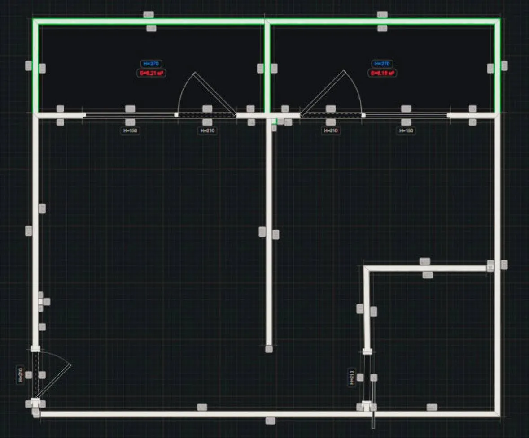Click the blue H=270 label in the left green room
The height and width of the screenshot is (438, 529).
(151, 64)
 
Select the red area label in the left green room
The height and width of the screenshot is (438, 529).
(151, 73)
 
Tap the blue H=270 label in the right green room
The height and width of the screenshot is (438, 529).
(382, 64)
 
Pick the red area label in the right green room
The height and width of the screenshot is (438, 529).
(382, 73)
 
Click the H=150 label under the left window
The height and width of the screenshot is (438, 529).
(130, 131)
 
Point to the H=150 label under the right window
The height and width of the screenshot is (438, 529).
(406, 131)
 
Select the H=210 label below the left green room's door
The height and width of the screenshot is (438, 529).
(207, 131)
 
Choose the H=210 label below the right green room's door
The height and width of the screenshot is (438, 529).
(331, 131)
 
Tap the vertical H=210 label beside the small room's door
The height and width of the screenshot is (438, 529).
(352, 377)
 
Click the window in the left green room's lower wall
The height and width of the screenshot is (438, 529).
(130, 115)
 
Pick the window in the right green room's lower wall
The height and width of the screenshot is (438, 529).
(406, 115)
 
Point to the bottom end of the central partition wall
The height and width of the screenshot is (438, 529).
(269, 348)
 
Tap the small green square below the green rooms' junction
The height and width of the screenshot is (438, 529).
(280, 121)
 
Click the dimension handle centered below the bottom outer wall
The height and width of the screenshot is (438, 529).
(270, 421)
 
